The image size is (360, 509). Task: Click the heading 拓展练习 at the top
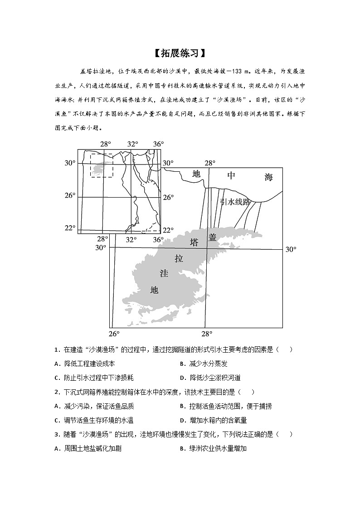point(180,53)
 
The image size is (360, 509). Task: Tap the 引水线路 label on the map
point(235,202)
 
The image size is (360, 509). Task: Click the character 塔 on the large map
point(194,242)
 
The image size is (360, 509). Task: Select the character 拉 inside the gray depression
point(179,258)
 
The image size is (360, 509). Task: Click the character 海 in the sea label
point(269,177)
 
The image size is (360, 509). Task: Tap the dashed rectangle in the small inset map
point(102,165)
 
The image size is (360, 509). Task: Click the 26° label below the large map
point(114,334)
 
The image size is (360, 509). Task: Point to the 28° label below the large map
point(207,334)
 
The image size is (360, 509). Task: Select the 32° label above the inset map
point(132,144)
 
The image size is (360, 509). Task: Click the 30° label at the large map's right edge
point(291,249)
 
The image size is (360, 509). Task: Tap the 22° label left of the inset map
point(69,228)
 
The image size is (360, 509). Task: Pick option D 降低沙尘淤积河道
point(210,378)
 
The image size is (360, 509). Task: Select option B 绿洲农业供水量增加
point(213,448)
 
